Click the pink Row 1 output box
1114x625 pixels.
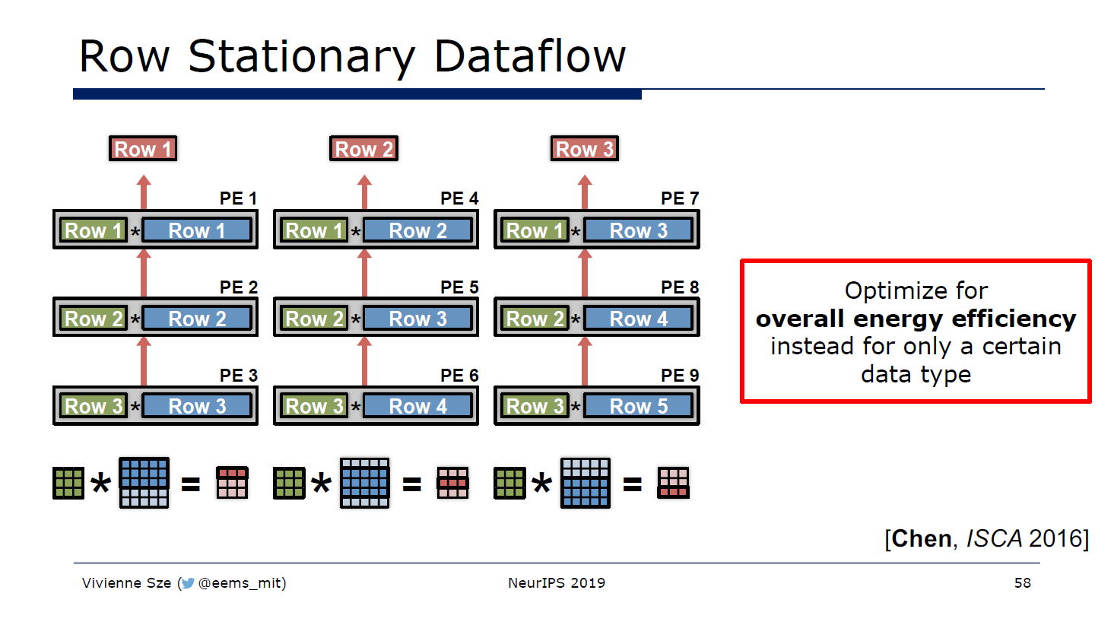click(x=143, y=149)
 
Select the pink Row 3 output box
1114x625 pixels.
click(x=584, y=149)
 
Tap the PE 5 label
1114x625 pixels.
click(x=459, y=287)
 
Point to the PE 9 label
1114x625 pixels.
click(x=680, y=376)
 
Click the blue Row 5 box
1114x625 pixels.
click(x=639, y=407)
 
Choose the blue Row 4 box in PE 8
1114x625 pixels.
click(x=639, y=319)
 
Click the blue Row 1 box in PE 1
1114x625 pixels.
click(x=197, y=230)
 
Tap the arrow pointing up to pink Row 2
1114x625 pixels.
click(x=364, y=192)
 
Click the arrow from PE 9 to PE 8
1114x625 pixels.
click(x=585, y=361)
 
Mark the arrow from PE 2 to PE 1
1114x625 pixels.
click(x=144, y=273)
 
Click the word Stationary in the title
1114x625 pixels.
click(x=301, y=56)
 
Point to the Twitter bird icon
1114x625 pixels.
click(x=188, y=583)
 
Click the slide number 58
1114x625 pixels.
click(x=1022, y=583)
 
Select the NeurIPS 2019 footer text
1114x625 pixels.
click(x=557, y=583)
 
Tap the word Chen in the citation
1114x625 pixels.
click(x=922, y=538)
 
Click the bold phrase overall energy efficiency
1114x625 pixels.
click(x=916, y=319)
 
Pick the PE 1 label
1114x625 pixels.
click(x=238, y=198)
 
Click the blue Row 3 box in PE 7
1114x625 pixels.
click(x=639, y=230)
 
